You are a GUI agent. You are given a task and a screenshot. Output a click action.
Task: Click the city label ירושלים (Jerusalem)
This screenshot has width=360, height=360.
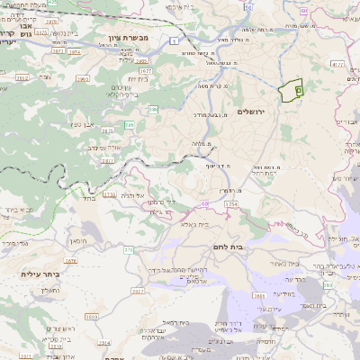pyautogui.click(x=254, y=111)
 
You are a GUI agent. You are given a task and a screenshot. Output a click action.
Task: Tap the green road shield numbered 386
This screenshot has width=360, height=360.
pyautogui.click(x=154, y=108)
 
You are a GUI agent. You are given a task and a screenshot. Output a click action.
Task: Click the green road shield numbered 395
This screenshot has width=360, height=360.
pyautogui.click(x=130, y=124)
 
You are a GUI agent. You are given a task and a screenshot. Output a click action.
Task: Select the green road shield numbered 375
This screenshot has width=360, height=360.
pyautogui.click(x=129, y=249)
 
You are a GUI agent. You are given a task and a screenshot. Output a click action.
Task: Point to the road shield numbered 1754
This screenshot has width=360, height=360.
pyautogui.click(x=230, y=204)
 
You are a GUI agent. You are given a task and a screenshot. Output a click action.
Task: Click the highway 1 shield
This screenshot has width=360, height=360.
pyautogui.click(x=182, y=40)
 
